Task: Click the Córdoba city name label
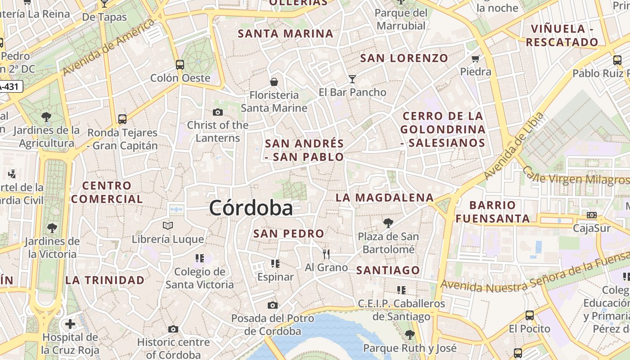251,208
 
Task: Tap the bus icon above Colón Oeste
180,64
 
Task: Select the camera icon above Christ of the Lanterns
218,112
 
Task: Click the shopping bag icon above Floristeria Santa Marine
274,81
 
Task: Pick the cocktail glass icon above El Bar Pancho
352,79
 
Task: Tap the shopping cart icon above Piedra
476,58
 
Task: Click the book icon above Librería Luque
168,225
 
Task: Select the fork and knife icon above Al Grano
326,254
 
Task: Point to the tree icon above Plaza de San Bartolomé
388,223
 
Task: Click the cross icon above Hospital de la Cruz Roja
70,324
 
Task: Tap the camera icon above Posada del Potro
272,306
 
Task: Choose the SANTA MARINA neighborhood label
285,34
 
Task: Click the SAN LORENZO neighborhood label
404,58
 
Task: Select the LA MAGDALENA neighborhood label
385,198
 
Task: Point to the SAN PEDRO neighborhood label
288,234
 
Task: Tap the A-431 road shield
10,86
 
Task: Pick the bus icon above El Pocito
530,315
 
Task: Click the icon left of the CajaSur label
592,215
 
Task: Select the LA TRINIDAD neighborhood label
105,280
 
